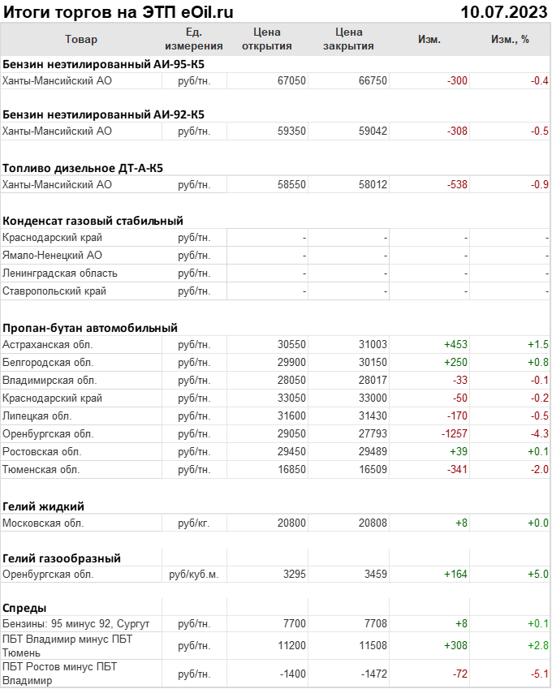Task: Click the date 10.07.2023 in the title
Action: pyautogui.click(x=502, y=11)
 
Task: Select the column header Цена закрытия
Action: pyautogui.click(x=348, y=39)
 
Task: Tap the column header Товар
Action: pyautogui.click(x=80, y=39)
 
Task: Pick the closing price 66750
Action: pyautogui.click(x=373, y=80)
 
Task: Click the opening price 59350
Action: pyautogui.click(x=291, y=131)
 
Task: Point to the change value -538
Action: pyautogui.click(x=458, y=184)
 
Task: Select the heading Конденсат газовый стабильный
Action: pyautogui.click(x=93, y=220)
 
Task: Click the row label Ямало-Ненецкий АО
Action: pyautogui.click(x=52, y=256)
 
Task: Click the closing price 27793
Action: pyautogui.click(x=373, y=434)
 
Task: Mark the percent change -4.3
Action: pyautogui.click(x=540, y=434)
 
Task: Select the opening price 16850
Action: pyautogui.click(x=291, y=469)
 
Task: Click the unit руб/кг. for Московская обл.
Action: pyautogui.click(x=193, y=523)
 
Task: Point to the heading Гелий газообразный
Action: pyautogui.click(x=62, y=558)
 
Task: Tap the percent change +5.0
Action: pyautogui.click(x=538, y=575)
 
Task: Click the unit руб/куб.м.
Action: pyautogui.click(x=193, y=575)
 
